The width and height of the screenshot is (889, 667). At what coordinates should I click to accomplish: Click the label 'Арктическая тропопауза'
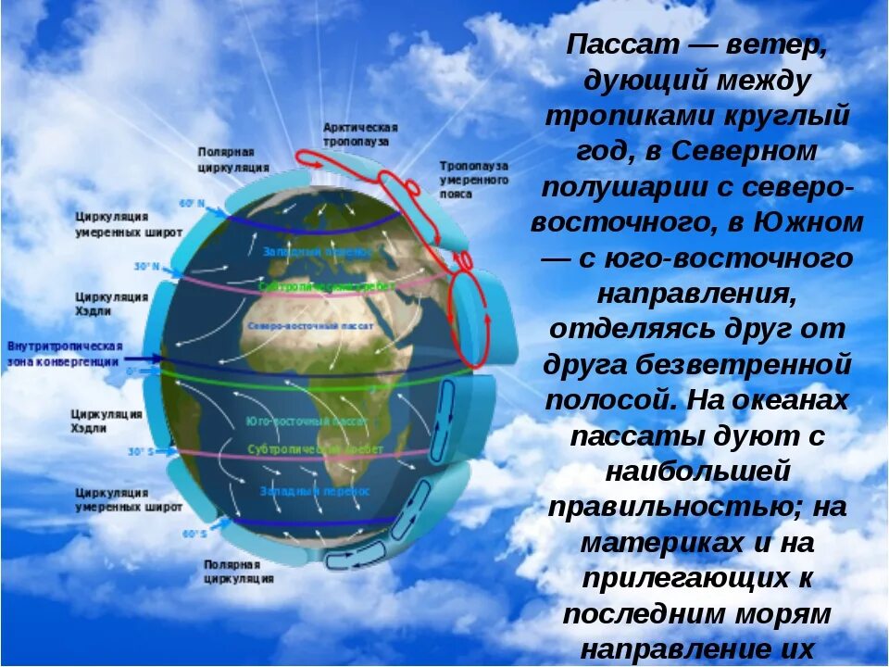point(361,134)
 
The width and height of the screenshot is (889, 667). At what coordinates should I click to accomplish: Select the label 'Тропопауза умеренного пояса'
point(474,180)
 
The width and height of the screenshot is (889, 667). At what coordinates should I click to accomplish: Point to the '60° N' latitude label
point(191,203)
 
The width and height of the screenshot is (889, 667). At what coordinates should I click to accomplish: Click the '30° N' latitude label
point(146,267)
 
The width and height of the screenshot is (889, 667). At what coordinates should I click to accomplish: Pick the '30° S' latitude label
point(140,452)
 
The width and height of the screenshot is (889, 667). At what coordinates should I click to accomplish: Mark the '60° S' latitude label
point(194,534)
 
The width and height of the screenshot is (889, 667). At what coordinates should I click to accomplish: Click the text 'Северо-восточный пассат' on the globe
point(310,328)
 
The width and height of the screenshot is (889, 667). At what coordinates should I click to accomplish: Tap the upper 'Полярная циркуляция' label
point(233,159)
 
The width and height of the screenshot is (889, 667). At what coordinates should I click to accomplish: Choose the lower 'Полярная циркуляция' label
point(239,571)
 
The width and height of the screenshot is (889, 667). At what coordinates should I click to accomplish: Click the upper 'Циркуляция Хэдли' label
point(112,303)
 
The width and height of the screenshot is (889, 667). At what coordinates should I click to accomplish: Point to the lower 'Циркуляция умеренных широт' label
point(129,500)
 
